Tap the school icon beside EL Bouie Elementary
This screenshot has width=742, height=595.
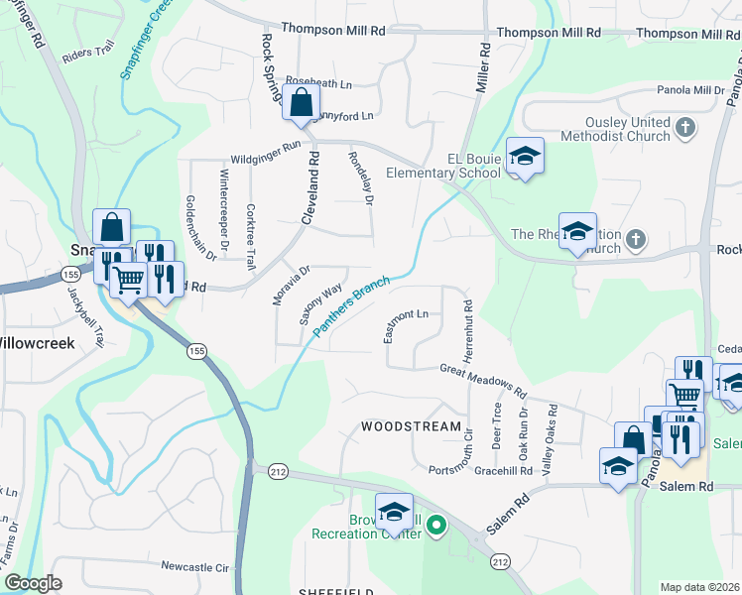[525, 156]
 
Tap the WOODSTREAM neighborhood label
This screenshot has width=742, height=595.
[412, 427]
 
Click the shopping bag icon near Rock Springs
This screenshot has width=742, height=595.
[301, 101]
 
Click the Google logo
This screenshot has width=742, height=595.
[33, 583]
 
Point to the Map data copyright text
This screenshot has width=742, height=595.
[700, 587]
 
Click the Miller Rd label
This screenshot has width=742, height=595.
[483, 71]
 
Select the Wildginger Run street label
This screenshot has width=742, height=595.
[265, 151]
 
